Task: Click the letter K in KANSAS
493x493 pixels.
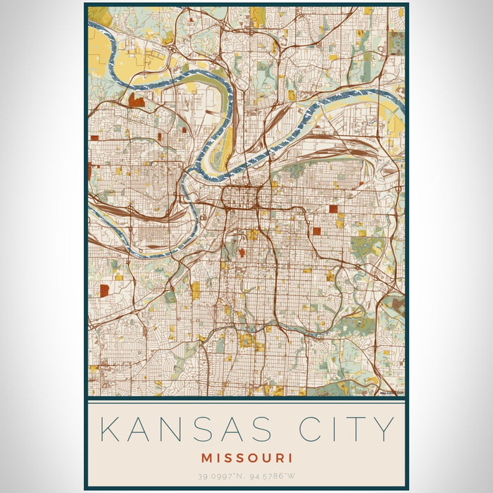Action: click(x=108, y=430)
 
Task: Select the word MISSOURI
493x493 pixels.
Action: click(x=246, y=458)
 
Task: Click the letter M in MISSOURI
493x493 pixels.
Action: click(x=206, y=458)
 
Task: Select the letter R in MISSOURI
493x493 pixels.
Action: click(x=278, y=458)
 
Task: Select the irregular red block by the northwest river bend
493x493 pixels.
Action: click(x=137, y=101)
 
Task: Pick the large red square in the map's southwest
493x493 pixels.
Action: click(x=104, y=289)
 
